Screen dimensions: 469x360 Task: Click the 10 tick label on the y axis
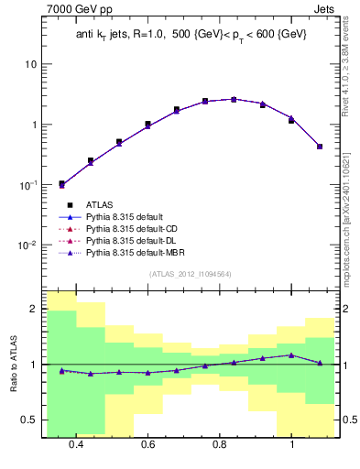(x=31, y=64)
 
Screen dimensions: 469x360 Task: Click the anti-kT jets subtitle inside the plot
(x=191, y=35)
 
